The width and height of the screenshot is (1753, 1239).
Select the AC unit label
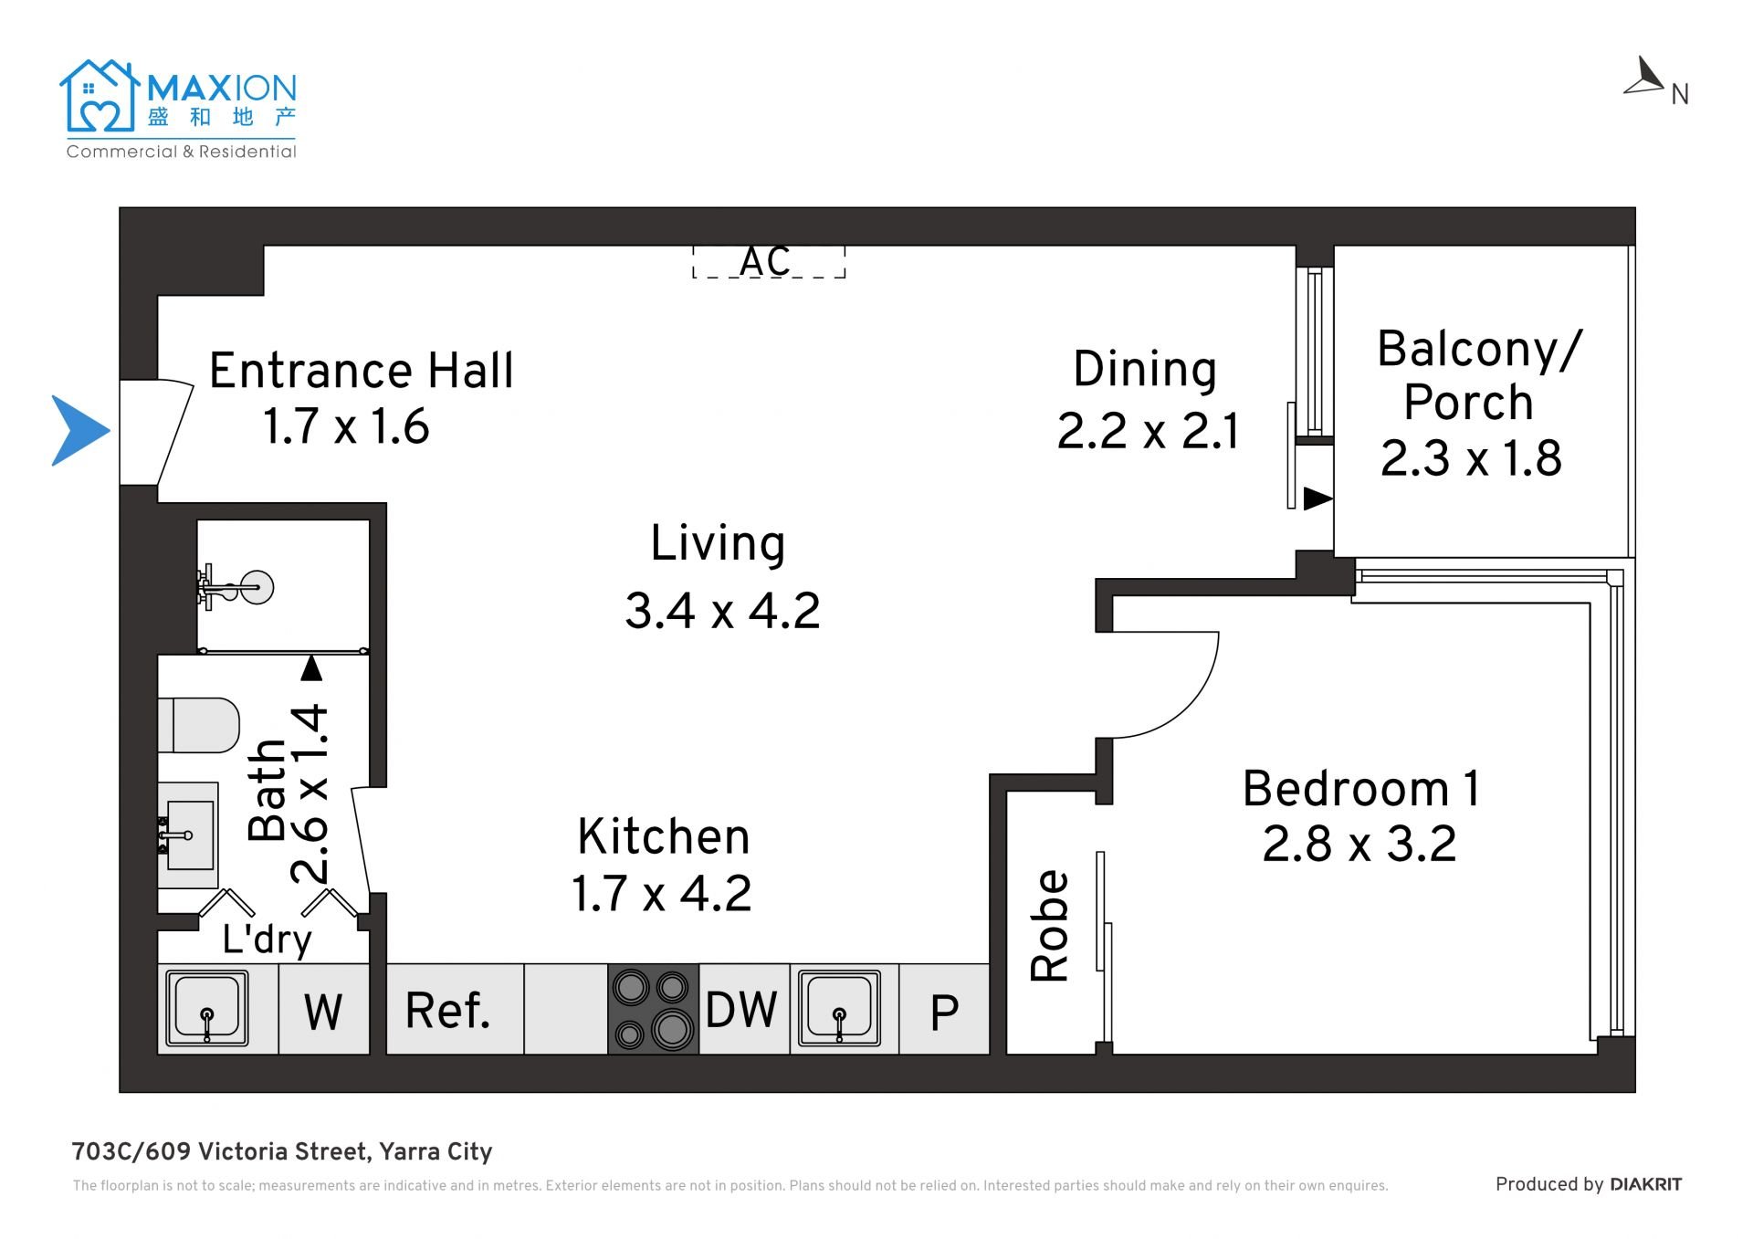coord(765,262)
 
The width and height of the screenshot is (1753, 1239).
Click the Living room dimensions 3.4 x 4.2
coord(722,611)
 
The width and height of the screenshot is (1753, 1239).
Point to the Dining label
coord(1145,371)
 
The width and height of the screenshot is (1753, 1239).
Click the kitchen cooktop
coord(653,1010)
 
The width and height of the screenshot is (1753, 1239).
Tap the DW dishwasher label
coord(741,1011)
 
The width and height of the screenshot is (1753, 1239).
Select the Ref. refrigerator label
coord(447,1011)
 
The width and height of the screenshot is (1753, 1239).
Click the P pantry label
coord(944,1013)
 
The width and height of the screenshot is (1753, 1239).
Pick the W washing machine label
coord(323,1013)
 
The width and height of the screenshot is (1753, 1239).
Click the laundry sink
coord(207,1009)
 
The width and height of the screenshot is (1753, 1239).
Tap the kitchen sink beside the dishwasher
coord(840,1008)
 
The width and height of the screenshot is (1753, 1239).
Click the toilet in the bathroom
coord(199,725)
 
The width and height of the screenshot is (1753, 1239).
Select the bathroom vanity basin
coord(188,835)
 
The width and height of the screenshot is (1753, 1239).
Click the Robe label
coord(1050,926)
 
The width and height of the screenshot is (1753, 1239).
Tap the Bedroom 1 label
coord(1361,789)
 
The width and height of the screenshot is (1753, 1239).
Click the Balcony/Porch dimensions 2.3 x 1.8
coord(1471,458)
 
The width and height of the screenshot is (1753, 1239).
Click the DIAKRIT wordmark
coord(1645,1184)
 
